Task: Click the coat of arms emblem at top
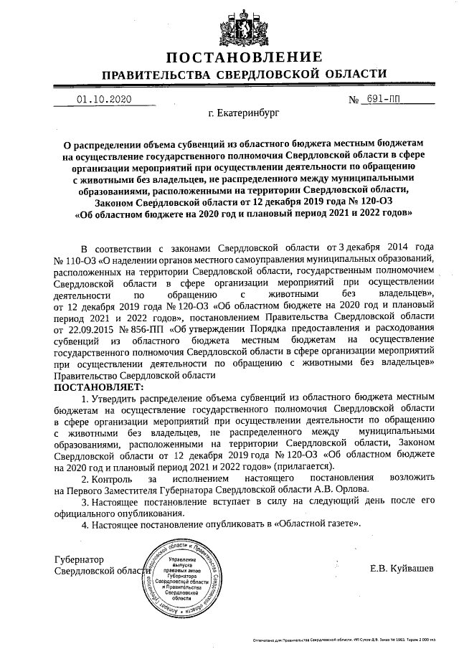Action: click(x=229, y=22)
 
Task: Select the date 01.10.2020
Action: click(x=105, y=100)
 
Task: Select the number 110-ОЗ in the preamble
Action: click(x=75, y=256)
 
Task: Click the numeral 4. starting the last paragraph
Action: click(x=85, y=524)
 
